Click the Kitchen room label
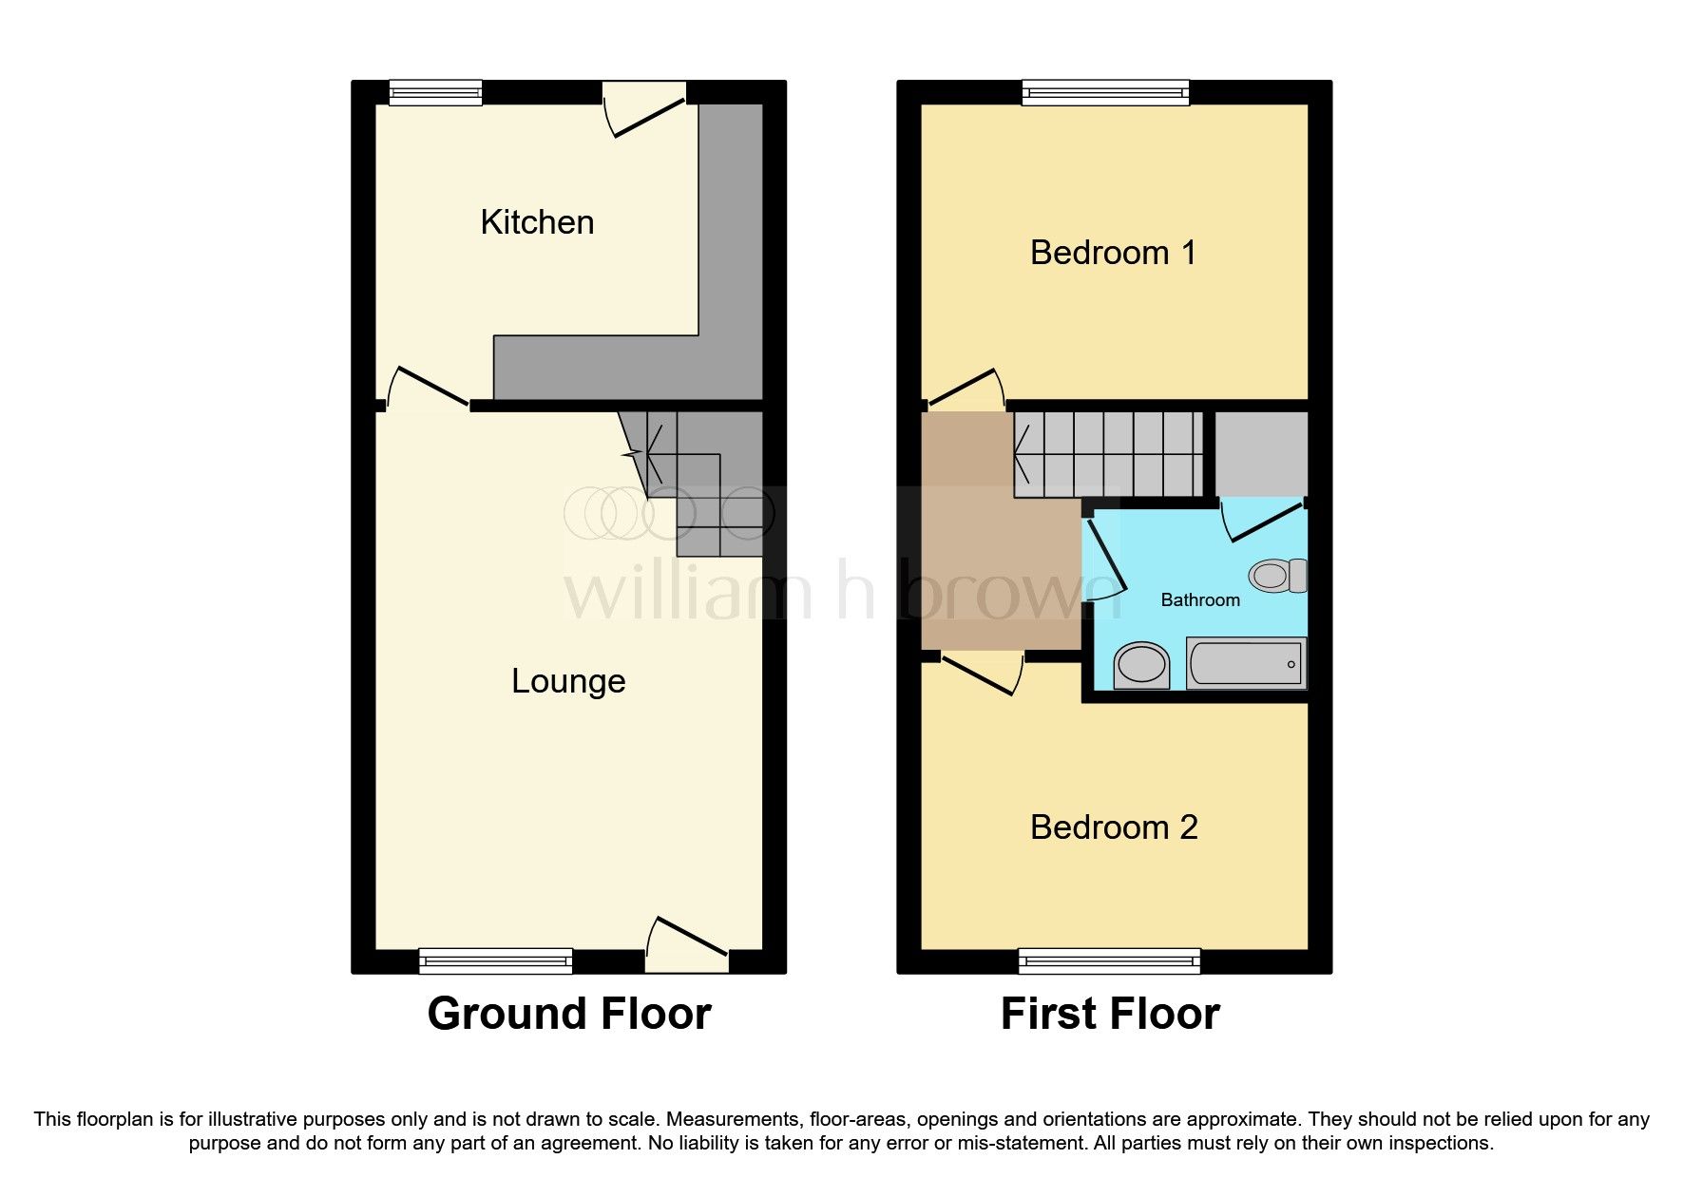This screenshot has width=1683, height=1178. pos(537,222)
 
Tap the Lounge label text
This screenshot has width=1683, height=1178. pos(568,681)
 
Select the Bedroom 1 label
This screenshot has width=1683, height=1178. pos(1113,253)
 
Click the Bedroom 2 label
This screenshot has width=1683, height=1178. pos(1114,827)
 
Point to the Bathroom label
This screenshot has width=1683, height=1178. pos(1200,600)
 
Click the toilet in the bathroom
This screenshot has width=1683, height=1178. pos(1277,576)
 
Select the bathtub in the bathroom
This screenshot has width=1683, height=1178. pos(1245,663)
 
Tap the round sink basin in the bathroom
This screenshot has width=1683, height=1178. pos(1141,665)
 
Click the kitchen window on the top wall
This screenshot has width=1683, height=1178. pos(435,92)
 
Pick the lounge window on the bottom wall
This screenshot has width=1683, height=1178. pos(495,961)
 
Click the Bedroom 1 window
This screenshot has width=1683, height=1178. pos(1105,92)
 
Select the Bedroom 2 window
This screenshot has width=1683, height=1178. pos(1109,961)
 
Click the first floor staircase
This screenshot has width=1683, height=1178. pos(1107,454)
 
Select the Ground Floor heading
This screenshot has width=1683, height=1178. pos(569,1014)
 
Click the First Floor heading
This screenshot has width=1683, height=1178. pos(1110,1014)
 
